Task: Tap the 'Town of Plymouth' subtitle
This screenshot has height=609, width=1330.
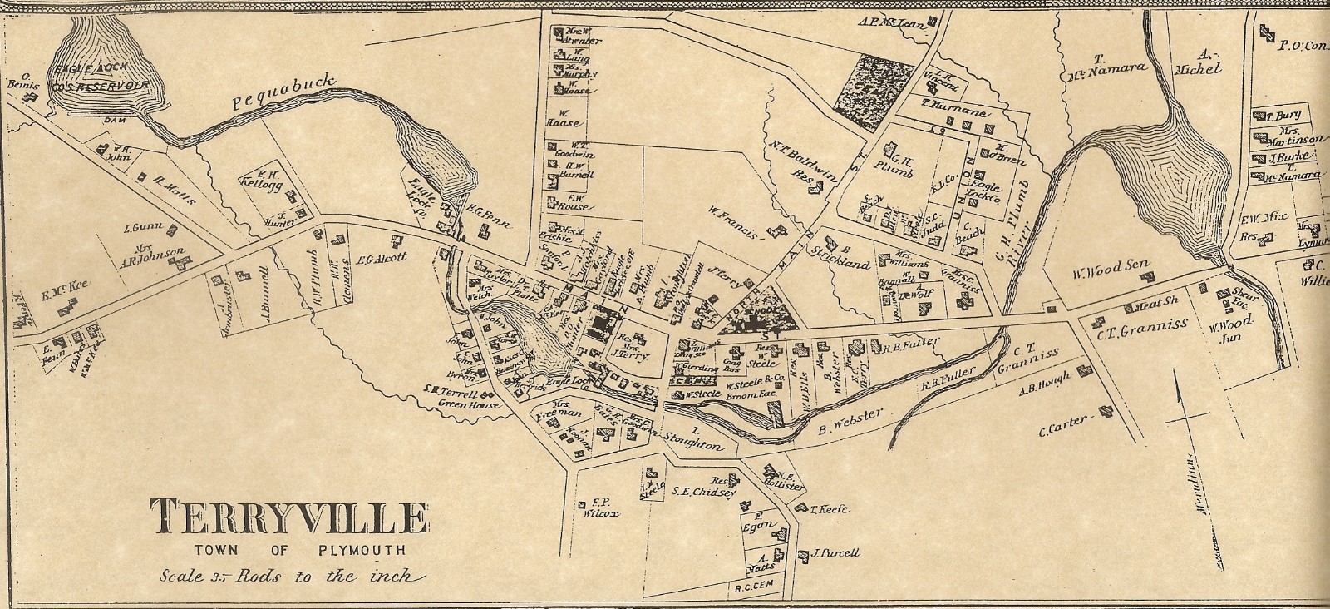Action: (x=288, y=551)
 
